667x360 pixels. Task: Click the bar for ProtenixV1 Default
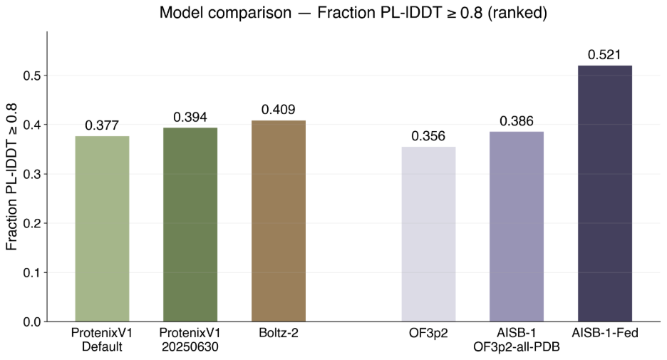[x=102, y=229]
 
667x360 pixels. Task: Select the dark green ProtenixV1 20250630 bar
[x=190, y=225]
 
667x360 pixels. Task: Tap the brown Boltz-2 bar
[x=279, y=221]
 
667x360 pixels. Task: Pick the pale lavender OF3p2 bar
[x=428, y=234]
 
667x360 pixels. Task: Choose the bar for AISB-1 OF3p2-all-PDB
[x=517, y=227]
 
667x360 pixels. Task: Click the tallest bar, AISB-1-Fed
[x=605, y=194]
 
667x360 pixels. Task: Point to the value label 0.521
[x=604, y=55]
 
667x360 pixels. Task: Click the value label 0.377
[x=102, y=125]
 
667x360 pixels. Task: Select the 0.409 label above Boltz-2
[x=279, y=110]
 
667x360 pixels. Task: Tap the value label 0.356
[x=428, y=136]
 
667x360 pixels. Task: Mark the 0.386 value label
[x=517, y=121]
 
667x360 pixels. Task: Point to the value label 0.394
[x=190, y=117]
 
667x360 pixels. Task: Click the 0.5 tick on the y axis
[x=32, y=76]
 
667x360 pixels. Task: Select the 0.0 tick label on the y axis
[x=32, y=322]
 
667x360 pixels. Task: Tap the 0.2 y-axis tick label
[x=32, y=223]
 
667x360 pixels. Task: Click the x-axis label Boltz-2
[x=279, y=333]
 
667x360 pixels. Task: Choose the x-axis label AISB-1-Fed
[x=605, y=333]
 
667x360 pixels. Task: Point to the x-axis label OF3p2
[x=428, y=333]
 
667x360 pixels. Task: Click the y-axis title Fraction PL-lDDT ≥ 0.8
[x=11, y=177]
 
